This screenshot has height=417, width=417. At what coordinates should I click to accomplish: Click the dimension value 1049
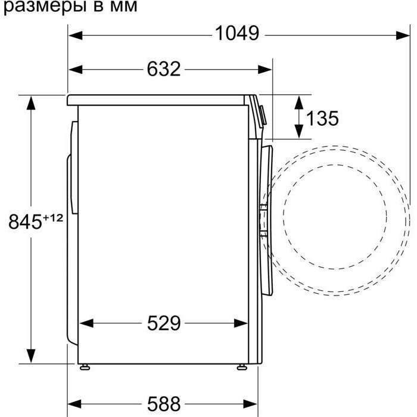(236, 33)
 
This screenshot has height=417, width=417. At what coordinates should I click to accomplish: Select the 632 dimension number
(164, 69)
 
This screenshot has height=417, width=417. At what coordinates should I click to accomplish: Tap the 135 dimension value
(322, 118)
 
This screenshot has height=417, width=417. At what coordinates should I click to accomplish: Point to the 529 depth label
(164, 323)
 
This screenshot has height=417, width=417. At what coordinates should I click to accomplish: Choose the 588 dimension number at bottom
(164, 404)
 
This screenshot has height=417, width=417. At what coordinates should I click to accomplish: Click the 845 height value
(25, 222)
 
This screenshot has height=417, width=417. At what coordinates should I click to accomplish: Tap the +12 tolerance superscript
(52, 218)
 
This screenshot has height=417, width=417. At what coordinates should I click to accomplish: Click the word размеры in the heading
(45, 7)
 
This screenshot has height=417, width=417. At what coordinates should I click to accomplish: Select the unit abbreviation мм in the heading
(123, 7)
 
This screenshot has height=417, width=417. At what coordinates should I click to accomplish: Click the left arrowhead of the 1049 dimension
(75, 35)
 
